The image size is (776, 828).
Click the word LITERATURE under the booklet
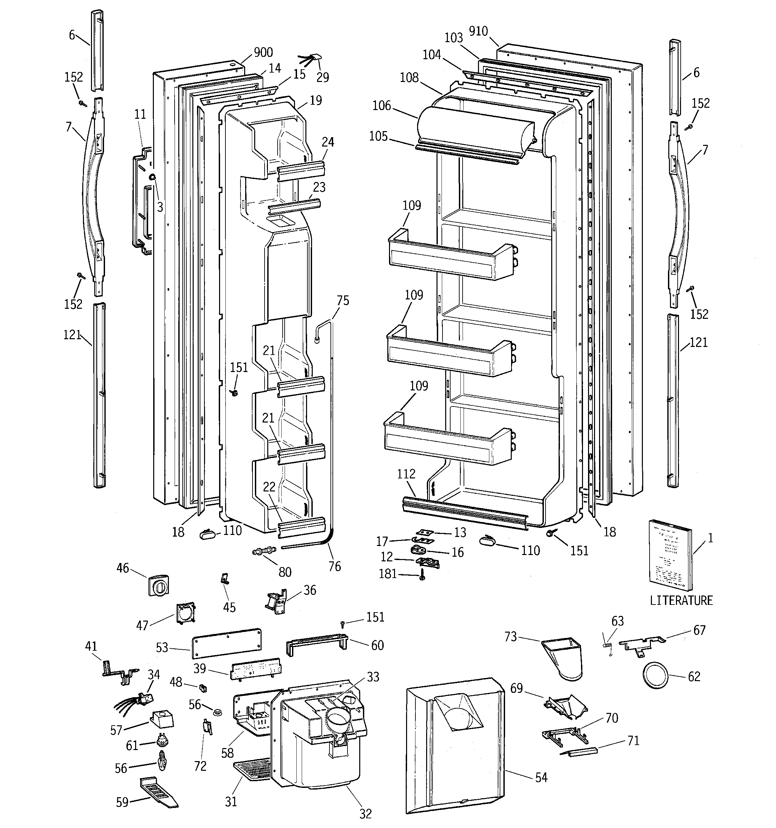click(681, 600)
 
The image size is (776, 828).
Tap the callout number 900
click(263, 53)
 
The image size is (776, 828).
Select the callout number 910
click(478, 31)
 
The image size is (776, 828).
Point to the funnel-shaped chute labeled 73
click(563, 659)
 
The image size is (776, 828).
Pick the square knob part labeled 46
click(159, 586)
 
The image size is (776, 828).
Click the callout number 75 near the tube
click(343, 301)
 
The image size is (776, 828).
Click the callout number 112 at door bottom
click(406, 474)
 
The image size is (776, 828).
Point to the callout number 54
click(541, 777)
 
